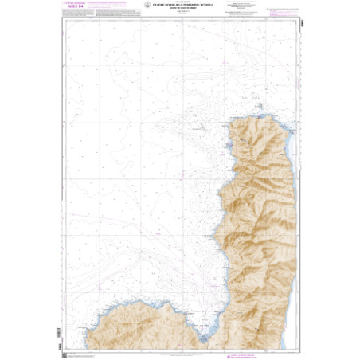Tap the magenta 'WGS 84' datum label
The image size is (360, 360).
72,10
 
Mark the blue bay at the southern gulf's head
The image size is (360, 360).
204,338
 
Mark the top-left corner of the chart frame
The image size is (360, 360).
63,18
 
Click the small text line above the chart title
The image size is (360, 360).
180,4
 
